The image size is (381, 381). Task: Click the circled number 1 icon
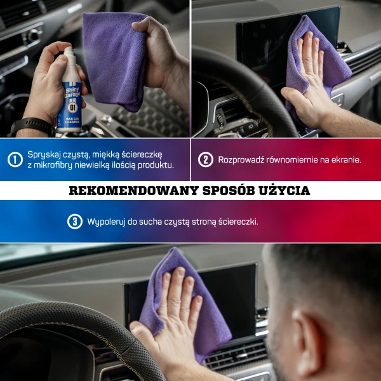15,159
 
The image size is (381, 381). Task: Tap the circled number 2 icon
205,159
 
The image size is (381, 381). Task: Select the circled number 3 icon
75,221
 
